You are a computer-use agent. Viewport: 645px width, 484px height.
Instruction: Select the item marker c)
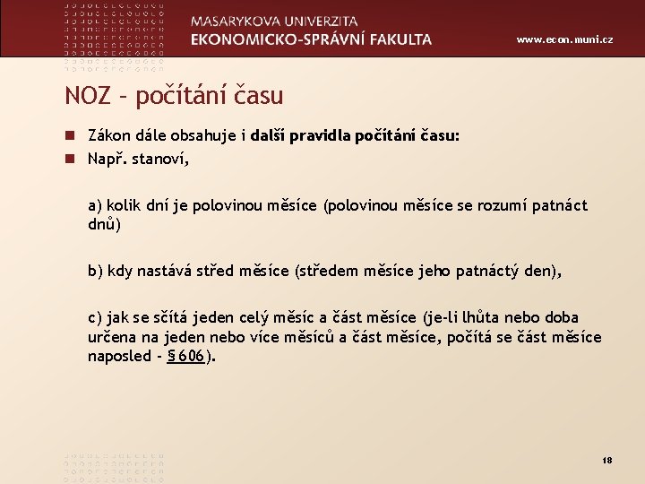point(95,317)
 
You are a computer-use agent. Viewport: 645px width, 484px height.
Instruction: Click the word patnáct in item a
point(558,205)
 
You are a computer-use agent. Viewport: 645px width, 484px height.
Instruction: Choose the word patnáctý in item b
point(503,271)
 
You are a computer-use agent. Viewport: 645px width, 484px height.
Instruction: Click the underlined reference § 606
point(185,356)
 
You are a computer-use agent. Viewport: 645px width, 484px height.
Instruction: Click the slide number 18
point(606,460)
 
